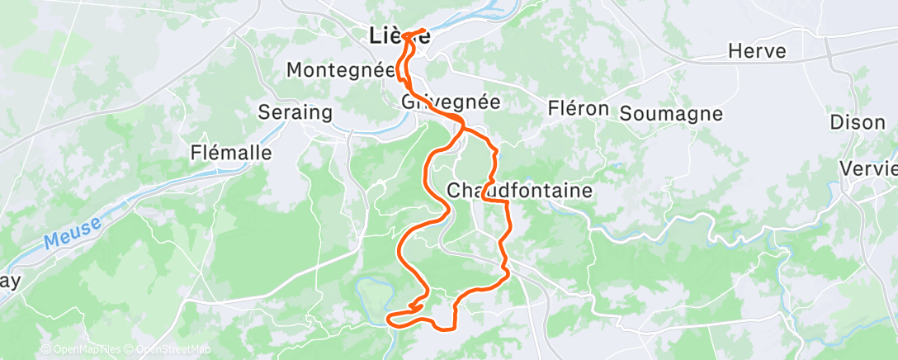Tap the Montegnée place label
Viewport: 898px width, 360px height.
[341, 70]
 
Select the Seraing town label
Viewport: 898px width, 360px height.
[295, 112]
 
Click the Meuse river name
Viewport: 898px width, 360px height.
[73, 231]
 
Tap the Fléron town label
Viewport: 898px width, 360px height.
[579, 109]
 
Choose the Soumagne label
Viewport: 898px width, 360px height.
[670, 113]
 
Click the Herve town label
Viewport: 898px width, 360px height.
[757, 52]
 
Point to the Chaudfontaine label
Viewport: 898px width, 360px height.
[519, 191]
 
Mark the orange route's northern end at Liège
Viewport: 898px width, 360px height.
[426, 31]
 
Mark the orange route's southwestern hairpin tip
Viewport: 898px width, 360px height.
[388, 318]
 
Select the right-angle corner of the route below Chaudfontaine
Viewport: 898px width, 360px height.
[504, 201]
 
